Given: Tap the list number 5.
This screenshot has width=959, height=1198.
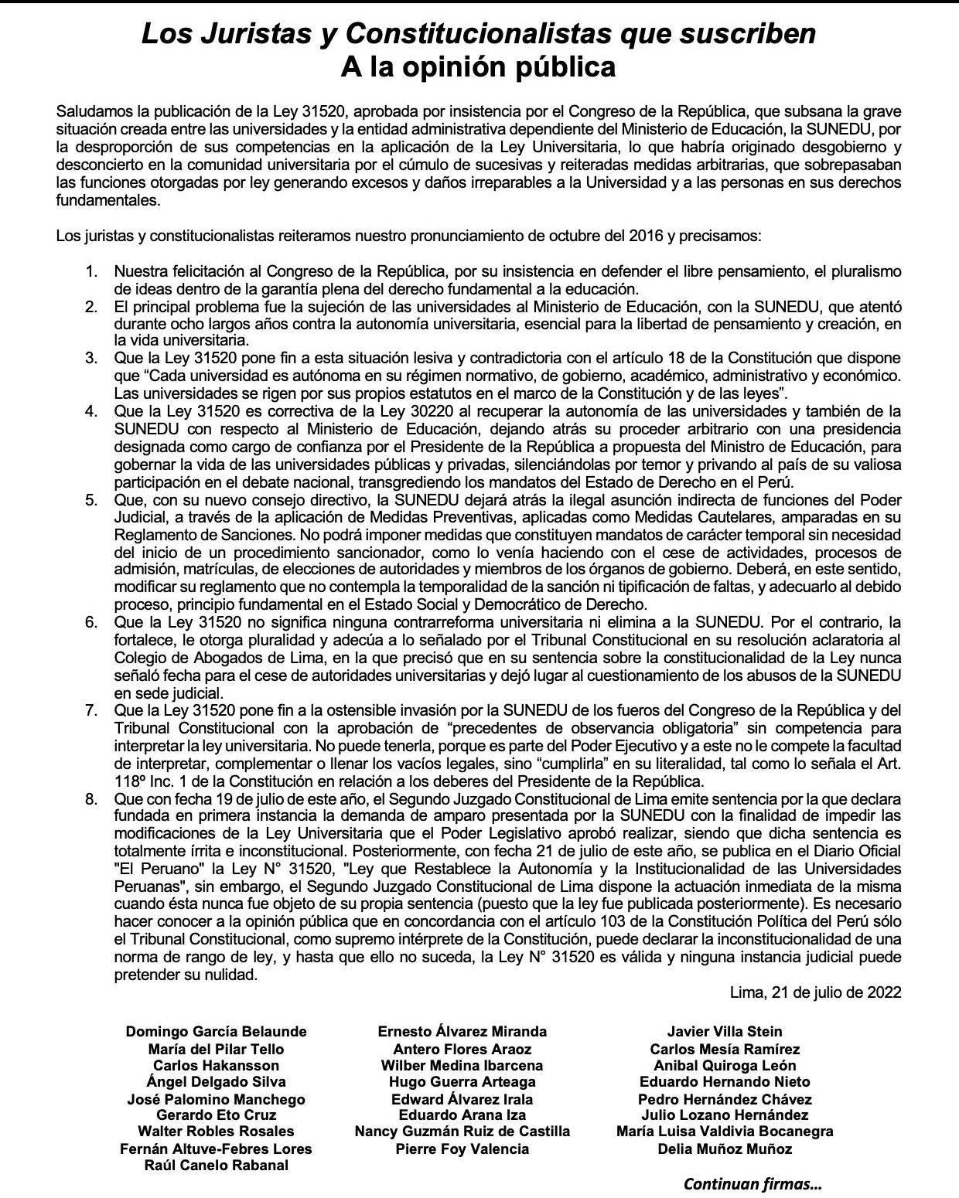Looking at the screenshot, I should coord(91,499).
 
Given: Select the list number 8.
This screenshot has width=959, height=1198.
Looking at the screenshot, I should coord(91,798).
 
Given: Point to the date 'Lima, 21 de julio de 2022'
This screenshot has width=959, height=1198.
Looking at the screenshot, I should coord(815,992).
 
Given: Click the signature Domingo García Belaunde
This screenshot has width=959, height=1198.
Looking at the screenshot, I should coord(216,1032).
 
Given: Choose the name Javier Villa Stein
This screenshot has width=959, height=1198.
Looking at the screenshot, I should coord(725,1032).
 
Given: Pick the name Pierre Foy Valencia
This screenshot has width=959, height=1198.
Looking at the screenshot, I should coord(462,1149).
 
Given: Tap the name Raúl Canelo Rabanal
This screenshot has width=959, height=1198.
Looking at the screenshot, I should coord(216,1165).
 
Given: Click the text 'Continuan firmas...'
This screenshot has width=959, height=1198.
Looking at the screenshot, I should coord(753,1183).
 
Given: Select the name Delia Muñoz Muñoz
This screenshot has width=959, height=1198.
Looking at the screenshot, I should coord(725,1149).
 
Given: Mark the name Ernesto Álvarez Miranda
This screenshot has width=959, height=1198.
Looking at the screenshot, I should coord(462,1032).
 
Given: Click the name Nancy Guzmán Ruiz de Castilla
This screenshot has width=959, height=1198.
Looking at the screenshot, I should coord(462,1132).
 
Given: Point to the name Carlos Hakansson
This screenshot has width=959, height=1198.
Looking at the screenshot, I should coord(216,1065).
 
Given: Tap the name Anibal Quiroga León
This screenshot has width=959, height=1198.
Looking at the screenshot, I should coord(725,1065).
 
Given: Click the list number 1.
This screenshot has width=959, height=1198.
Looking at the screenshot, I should coord(91,272).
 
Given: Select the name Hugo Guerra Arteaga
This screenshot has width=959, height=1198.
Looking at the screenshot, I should coord(462,1082).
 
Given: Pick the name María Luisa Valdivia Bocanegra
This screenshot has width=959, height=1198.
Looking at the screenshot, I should coord(725,1132).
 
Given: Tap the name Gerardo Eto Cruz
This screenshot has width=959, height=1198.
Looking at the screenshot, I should coord(216,1115).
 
